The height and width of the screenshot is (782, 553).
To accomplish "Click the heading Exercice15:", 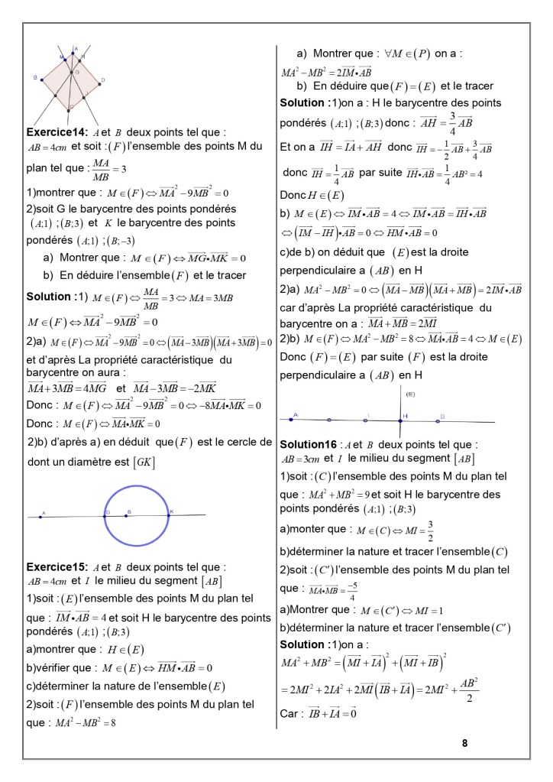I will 57,567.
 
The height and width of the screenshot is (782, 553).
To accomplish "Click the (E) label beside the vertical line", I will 410,394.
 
